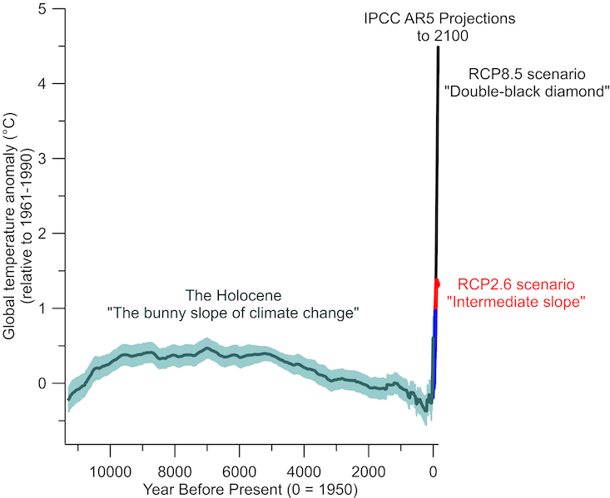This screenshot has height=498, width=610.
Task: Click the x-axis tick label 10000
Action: pyautogui.click(x=111, y=471)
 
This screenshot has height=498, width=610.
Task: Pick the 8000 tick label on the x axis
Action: pyautogui.click(x=175, y=471)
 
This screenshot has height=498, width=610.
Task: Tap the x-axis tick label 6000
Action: pyautogui.click(x=239, y=471)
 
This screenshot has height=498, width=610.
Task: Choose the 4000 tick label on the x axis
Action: pyautogui.click(x=304, y=471)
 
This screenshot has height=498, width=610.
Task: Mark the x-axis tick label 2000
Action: pyautogui.click(x=368, y=471)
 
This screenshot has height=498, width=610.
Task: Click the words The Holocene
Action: pyautogui.click(x=234, y=296)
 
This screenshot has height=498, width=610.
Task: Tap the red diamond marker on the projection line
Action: pyautogui.click(x=437, y=284)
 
